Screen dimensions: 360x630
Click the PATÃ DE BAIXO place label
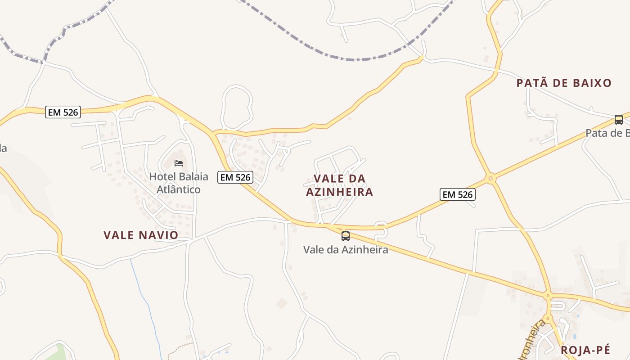coord(564,83)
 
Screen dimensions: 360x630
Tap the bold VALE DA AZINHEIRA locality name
coord(340,185)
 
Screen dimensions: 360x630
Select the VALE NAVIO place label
coord(141,235)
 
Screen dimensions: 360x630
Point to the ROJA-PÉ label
coord(585,350)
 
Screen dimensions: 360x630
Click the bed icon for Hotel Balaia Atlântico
coord(179,163)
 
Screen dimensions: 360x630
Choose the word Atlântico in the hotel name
coord(178,189)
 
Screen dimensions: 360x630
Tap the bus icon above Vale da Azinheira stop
coord(345,236)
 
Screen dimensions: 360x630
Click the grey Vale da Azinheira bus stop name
coord(346,249)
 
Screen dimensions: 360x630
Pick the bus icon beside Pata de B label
coord(619,120)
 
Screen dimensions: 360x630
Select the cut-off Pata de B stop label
coord(607,133)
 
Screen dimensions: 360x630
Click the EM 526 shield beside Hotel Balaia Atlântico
coord(235,177)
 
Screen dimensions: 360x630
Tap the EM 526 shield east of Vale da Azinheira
coord(457,194)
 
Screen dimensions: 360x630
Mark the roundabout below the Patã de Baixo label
coord(490,179)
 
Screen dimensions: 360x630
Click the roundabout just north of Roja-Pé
coord(548,296)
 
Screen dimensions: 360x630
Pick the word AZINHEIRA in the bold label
coord(340,192)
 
